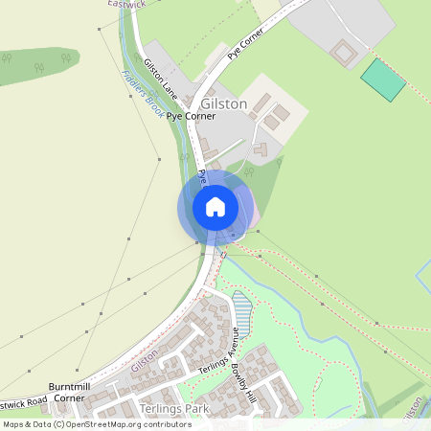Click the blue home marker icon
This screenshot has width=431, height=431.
tap(215, 206)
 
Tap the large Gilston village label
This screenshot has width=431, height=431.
tap(224, 103)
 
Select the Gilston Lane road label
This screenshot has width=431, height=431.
tap(161, 79)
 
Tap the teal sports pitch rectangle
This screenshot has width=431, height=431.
tap(383, 79)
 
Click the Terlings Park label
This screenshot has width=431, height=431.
tap(172, 409)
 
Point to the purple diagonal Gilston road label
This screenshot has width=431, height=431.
tap(144, 361)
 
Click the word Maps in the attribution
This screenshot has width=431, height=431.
tap(14, 423)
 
